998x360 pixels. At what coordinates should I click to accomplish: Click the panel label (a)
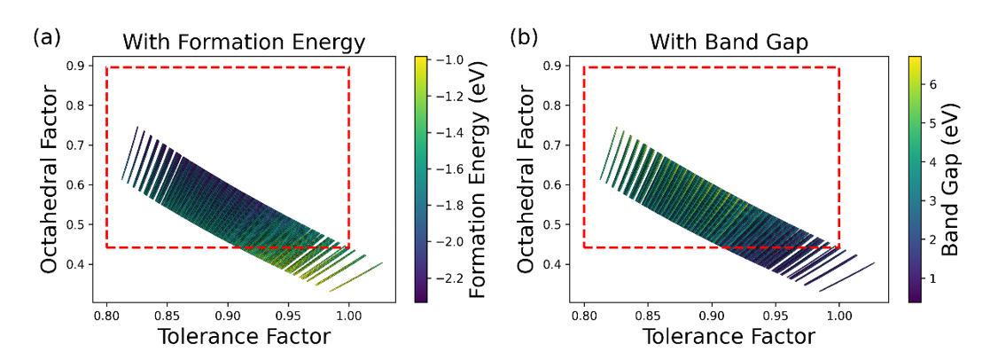click(45, 38)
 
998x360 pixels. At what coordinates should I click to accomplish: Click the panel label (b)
click(523, 38)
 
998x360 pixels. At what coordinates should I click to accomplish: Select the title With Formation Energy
click(244, 42)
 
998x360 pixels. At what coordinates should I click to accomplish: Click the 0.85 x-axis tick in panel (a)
click(168, 316)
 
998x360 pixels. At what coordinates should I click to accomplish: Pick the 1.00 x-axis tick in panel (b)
click(838, 316)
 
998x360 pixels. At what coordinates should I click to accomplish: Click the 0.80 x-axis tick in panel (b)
click(584, 316)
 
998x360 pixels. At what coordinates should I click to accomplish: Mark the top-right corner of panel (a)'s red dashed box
click(349, 67)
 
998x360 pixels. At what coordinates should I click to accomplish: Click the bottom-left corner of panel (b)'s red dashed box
click(584, 247)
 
